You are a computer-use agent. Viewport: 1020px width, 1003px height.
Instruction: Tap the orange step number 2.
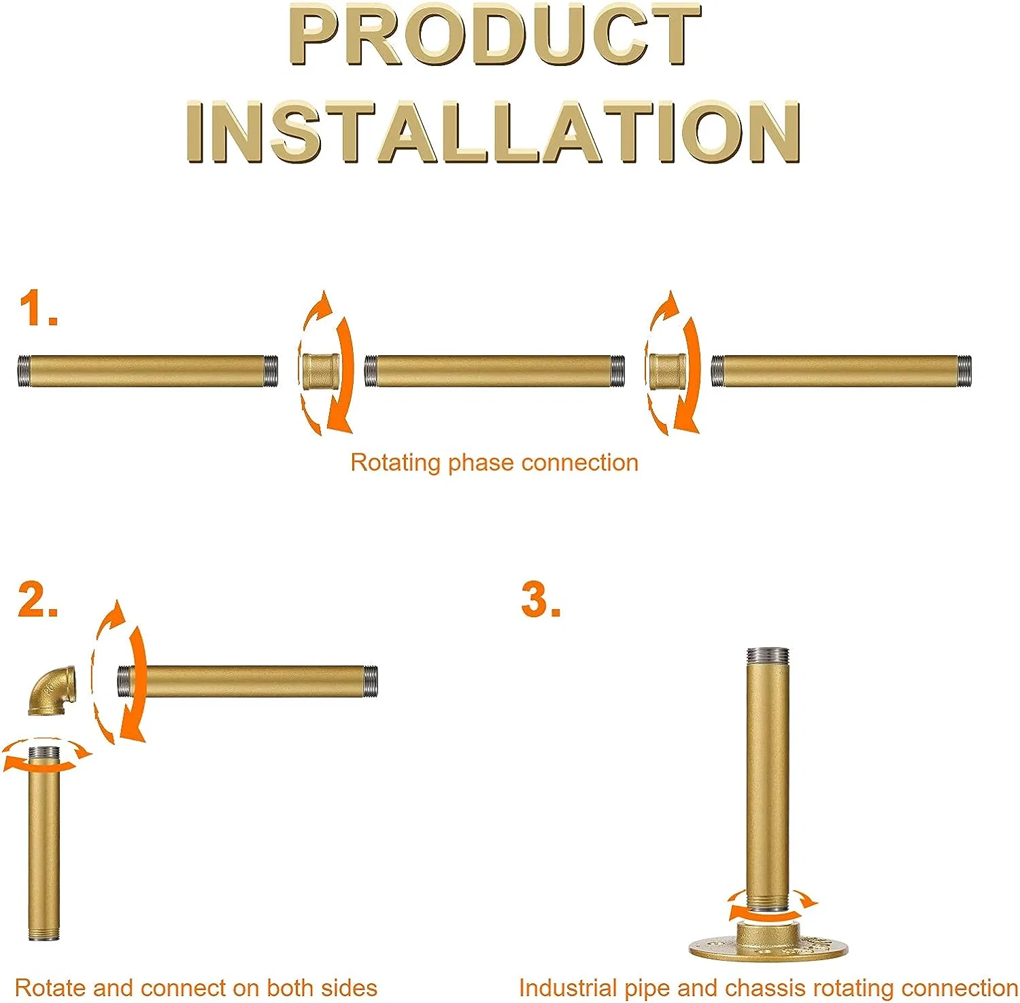click(x=37, y=599)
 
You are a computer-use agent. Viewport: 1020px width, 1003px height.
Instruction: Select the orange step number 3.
click(x=541, y=599)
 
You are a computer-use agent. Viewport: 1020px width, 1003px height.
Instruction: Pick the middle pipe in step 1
click(x=494, y=371)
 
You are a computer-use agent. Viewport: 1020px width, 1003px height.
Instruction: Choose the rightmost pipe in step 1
click(x=841, y=371)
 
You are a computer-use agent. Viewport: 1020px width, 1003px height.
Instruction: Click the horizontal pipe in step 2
click(x=248, y=681)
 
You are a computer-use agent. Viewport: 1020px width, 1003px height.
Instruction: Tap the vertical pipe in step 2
click(x=44, y=844)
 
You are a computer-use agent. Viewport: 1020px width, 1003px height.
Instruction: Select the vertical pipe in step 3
click(x=768, y=783)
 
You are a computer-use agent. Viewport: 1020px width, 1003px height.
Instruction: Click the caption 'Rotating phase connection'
click(x=494, y=463)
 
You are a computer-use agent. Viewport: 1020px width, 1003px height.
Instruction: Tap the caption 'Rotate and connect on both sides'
click(x=196, y=987)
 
